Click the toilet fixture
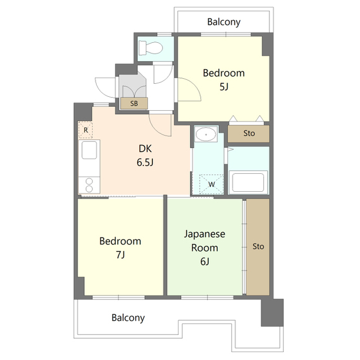point(151,48)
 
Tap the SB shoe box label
point(134,103)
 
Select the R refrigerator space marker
point(85,130)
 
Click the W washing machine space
point(211,184)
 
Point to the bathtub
point(248,182)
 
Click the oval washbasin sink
point(205,134)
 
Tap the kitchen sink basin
point(89,150)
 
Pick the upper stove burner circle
point(89,182)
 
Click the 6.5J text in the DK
point(145,163)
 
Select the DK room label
point(145,148)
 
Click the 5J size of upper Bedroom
point(224,87)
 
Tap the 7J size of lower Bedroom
point(120,255)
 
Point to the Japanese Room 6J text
point(205,247)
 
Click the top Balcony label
point(224,22)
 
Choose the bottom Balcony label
point(128,318)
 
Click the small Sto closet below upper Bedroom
point(249,134)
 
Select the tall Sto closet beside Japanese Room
point(258,247)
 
